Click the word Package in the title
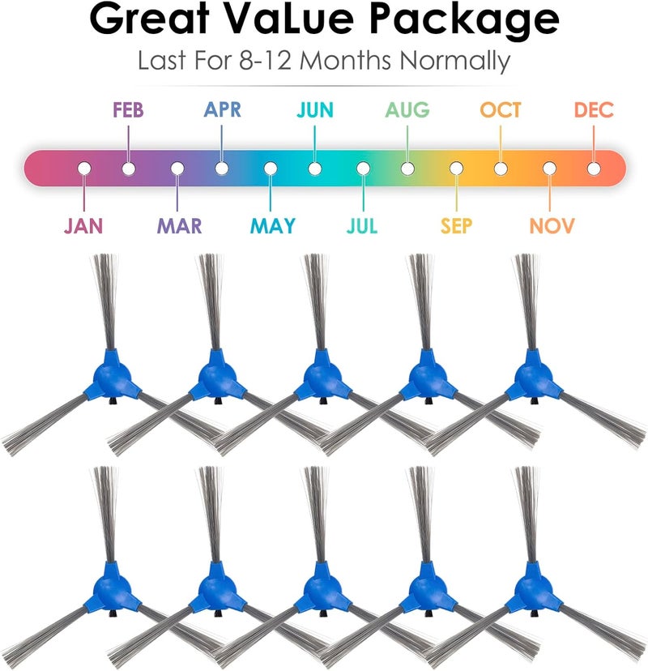coord(463,19)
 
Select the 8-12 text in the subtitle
coord(265,60)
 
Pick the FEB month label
coord(128,110)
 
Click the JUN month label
coord(315,110)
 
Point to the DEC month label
coord(594,110)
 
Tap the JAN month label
coord(83,225)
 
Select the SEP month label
coord(456,225)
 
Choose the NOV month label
coord(552,225)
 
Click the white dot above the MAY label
coord(271,169)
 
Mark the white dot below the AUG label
coord(407,169)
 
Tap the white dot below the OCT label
coord(501,169)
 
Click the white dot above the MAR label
coord(177,169)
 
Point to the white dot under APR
coord(222,169)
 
